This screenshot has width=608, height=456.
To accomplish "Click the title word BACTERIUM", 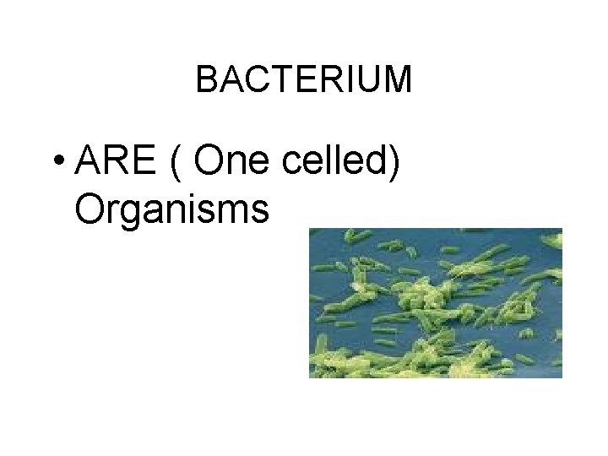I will pyautogui.click(x=304, y=80).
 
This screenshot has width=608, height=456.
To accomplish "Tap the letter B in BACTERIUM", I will pyautogui.click(x=206, y=80).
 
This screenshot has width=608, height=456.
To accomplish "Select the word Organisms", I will pyautogui.click(x=171, y=208).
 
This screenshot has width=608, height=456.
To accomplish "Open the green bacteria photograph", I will pyautogui.click(x=435, y=302).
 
